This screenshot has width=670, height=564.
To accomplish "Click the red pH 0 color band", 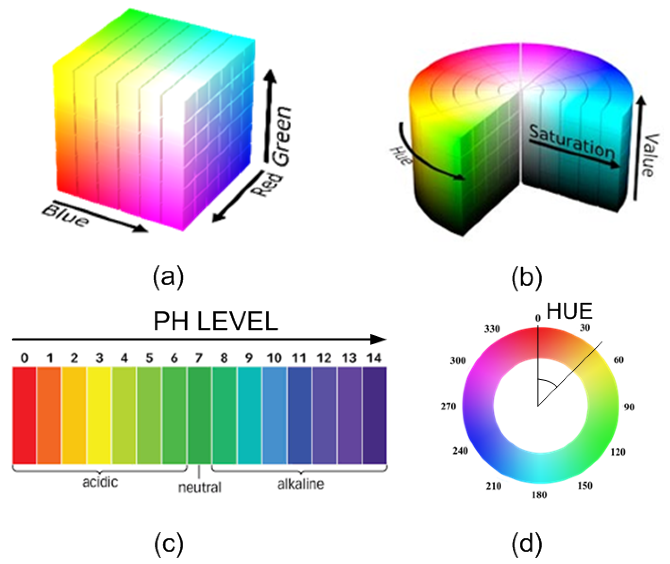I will (x=24, y=415).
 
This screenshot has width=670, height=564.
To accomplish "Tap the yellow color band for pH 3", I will (x=99, y=415).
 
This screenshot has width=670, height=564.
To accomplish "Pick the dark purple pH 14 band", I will (x=374, y=415).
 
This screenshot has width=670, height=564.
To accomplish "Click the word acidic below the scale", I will (x=100, y=482).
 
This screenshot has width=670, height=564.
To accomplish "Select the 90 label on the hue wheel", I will (x=629, y=407).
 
